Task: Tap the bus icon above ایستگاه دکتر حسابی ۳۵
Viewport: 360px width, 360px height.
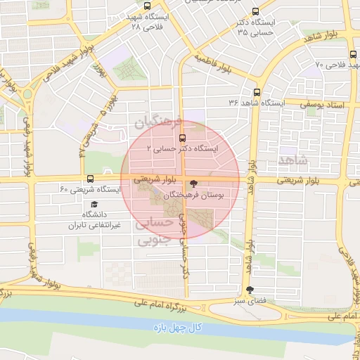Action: (x=255, y=11)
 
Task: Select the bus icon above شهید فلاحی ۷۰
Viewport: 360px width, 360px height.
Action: (x=352, y=53)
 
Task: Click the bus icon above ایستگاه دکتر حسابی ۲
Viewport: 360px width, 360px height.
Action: (x=183, y=138)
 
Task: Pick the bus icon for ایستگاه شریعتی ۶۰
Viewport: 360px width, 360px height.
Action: (x=89, y=179)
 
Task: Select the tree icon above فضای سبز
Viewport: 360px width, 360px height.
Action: (x=250, y=290)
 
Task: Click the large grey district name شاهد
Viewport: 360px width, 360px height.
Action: (x=293, y=160)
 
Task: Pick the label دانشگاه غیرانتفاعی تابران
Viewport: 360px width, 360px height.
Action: (x=94, y=219)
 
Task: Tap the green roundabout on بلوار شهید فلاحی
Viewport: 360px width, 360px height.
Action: (x=28, y=94)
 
